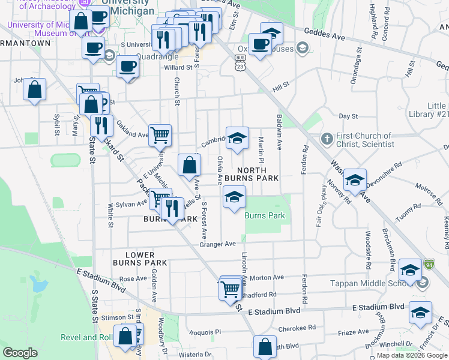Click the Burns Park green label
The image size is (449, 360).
(265, 215)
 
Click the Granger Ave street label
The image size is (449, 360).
(218, 244)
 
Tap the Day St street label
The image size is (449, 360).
(348, 116)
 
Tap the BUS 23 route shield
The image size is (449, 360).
(240, 63)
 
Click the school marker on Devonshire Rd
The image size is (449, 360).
(355, 180)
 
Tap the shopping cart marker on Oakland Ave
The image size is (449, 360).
(160, 135)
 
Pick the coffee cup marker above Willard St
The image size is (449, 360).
(127, 65)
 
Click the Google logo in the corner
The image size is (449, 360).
(20, 353)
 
